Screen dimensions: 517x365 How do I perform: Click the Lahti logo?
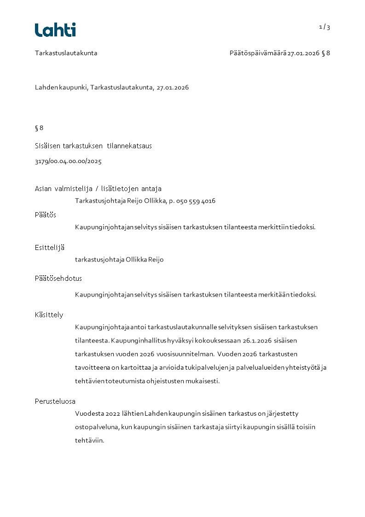click(x=55, y=30)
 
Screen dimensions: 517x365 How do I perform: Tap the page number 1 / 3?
click(x=324, y=27)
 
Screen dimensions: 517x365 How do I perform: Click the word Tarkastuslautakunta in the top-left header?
click(x=66, y=53)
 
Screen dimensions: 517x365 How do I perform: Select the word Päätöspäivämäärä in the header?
click(x=258, y=53)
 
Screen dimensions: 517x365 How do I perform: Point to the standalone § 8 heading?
click(x=39, y=128)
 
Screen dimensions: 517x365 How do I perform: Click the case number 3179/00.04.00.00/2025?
click(x=68, y=162)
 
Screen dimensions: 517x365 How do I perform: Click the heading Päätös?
click(x=46, y=215)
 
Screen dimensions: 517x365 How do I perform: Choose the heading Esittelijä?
click(x=50, y=247)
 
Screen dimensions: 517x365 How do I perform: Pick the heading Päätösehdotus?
click(x=58, y=279)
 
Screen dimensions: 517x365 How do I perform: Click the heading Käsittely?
click(x=49, y=315)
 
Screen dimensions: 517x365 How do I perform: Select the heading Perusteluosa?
click(x=55, y=401)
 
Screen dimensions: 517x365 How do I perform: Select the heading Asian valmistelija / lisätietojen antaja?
click(x=98, y=189)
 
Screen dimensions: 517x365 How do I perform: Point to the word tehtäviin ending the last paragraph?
click(x=89, y=440)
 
